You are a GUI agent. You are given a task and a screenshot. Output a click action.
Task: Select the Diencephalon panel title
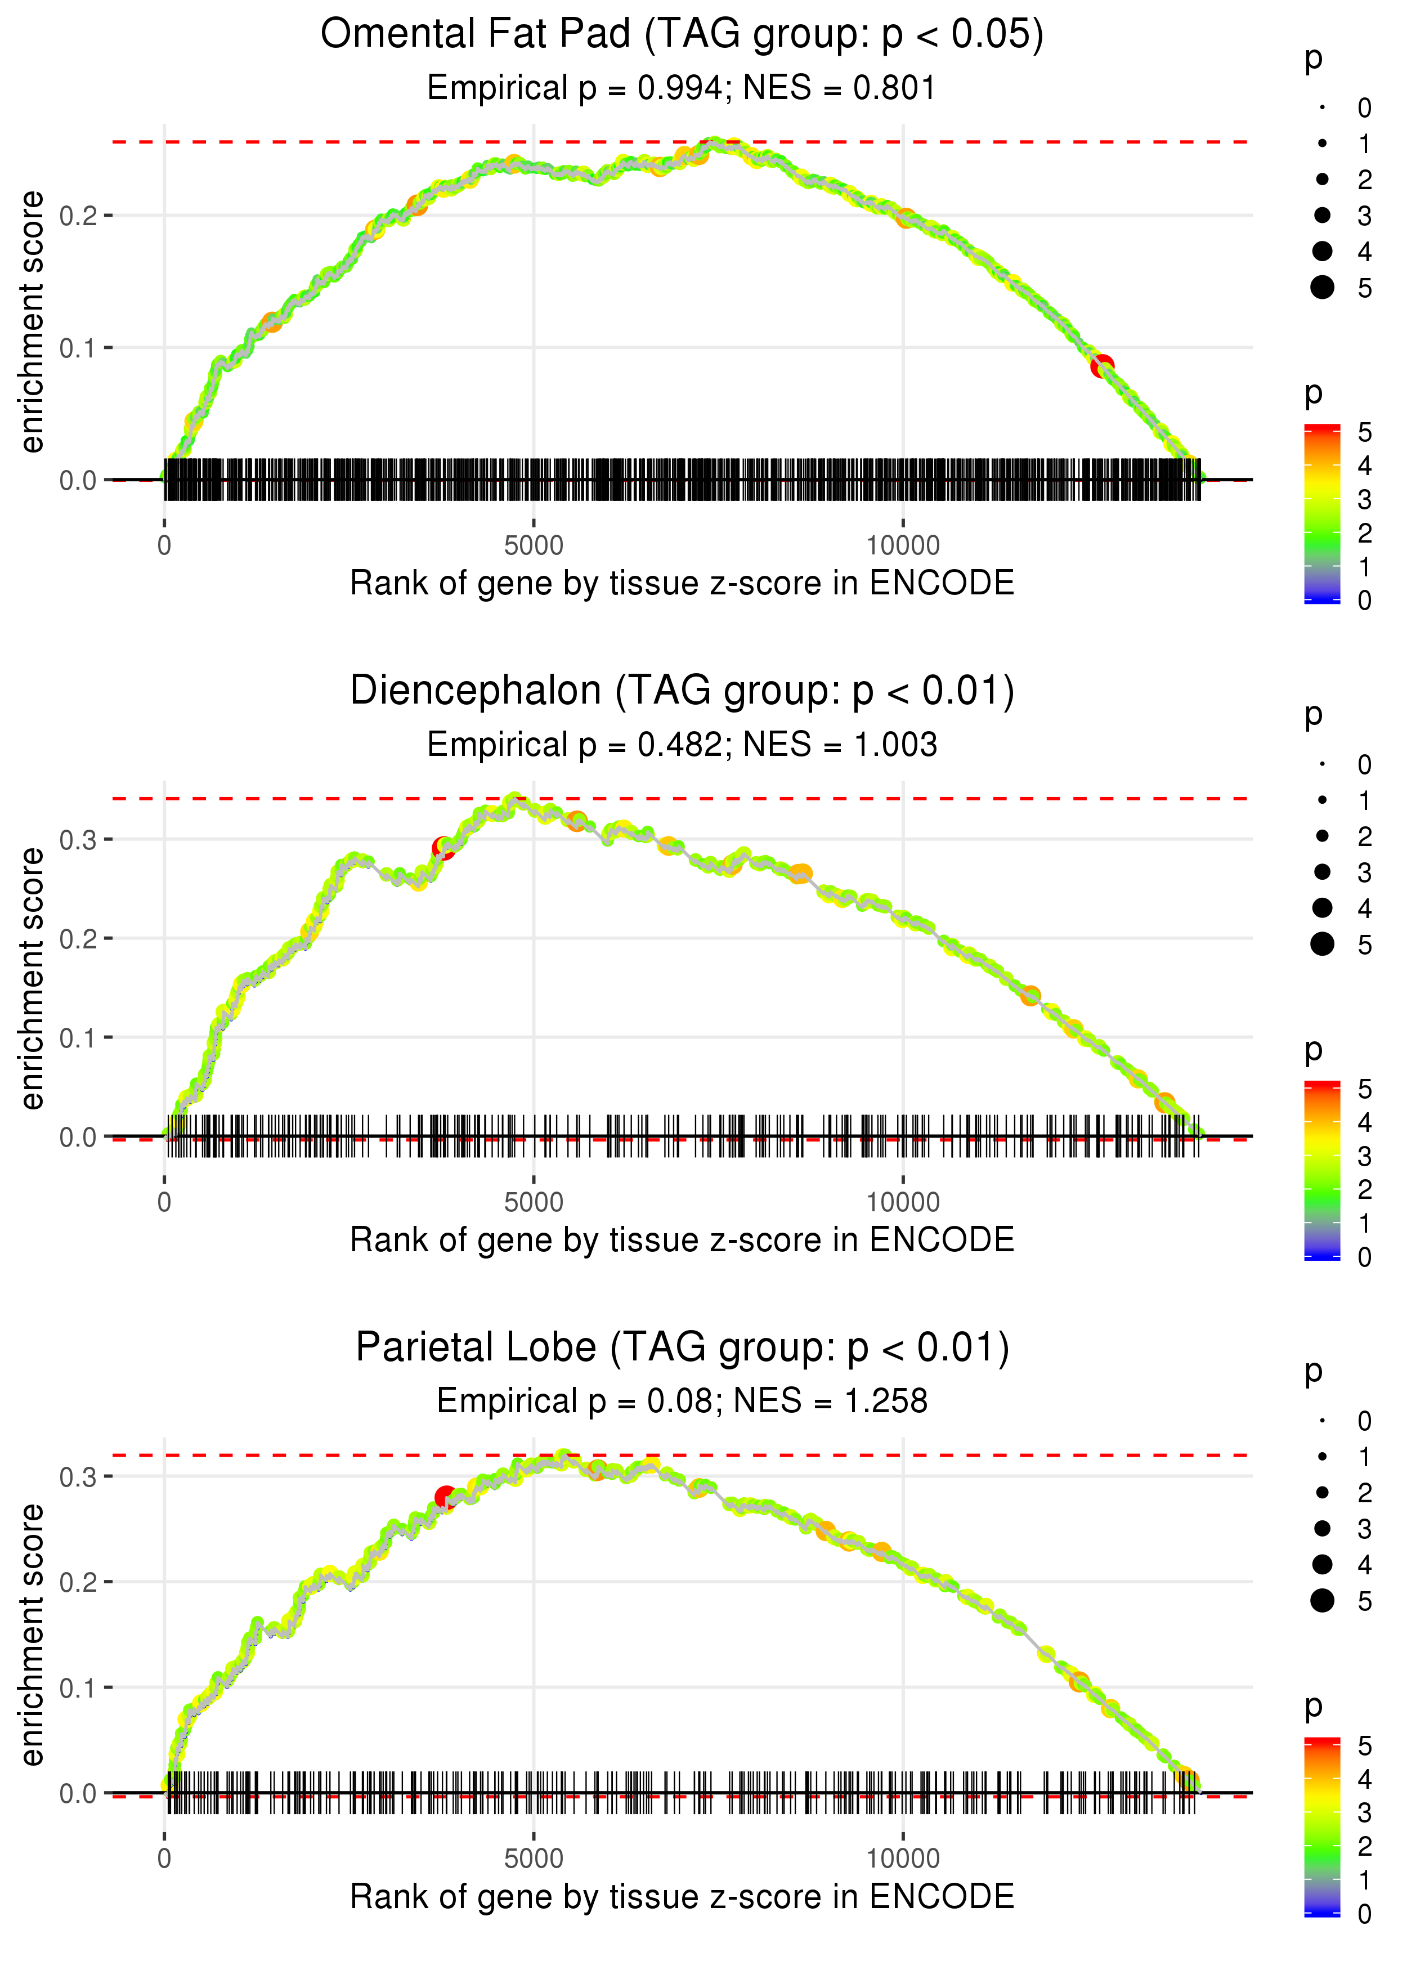click(x=682, y=691)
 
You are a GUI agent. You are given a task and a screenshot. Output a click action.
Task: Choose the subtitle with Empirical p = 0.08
click(x=682, y=1402)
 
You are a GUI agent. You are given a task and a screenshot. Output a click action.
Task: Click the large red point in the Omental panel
click(x=1102, y=366)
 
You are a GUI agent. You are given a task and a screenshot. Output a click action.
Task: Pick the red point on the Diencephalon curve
click(x=443, y=848)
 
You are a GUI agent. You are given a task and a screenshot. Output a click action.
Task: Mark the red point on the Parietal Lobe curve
click(x=445, y=1497)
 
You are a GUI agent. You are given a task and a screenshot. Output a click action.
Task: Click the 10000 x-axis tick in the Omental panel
click(x=903, y=546)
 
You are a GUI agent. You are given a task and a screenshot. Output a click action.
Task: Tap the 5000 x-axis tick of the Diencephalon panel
click(x=534, y=1202)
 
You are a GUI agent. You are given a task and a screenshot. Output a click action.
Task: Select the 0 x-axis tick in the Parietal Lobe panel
click(x=164, y=1859)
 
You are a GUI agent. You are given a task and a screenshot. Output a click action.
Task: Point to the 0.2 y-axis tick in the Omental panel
click(x=78, y=215)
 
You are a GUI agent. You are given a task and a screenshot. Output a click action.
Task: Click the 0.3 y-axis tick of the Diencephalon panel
click(x=78, y=839)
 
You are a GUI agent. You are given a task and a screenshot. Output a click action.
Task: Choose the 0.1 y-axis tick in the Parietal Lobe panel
click(x=78, y=1687)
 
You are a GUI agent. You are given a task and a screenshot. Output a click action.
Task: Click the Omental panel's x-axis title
click(x=682, y=584)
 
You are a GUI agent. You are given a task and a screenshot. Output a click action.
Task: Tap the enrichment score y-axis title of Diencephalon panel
click(x=32, y=979)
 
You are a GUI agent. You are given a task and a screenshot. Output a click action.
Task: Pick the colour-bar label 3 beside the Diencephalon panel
click(x=1365, y=1157)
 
